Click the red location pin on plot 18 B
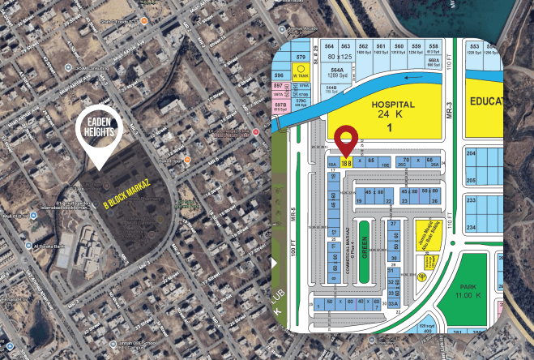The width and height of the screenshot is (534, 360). point(346,140)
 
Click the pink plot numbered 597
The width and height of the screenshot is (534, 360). point(279,85)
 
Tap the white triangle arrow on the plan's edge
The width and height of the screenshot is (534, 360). point(275,263)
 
